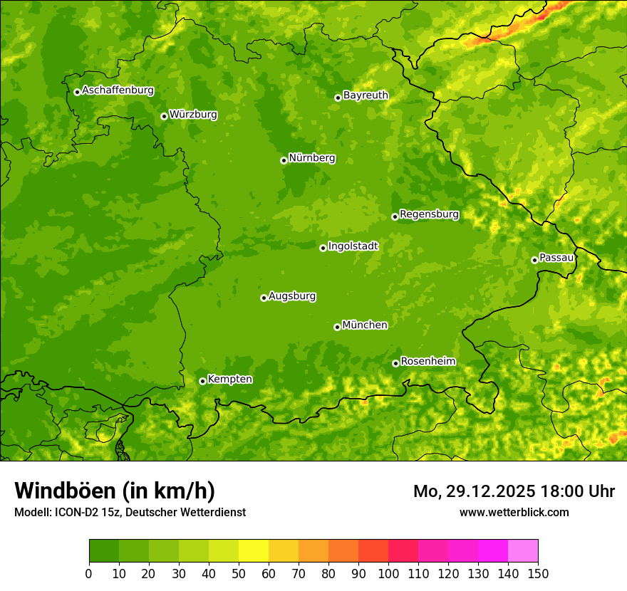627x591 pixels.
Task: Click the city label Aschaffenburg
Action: [x=118, y=90]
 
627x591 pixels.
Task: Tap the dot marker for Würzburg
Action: [x=164, y=116]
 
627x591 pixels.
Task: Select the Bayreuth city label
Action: [x=366, y=95]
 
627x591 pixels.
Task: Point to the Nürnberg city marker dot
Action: [x=284, y=160]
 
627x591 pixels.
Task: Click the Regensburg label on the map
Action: [x=429, y=214]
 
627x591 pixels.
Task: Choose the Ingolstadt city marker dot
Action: [x=323, y=248]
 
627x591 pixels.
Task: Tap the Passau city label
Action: [x=556, y=257]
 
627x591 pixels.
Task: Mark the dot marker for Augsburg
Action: [x=264, y=298]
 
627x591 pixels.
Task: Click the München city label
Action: [x=365, y=325]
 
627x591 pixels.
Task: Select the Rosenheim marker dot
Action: [x=395, y=363]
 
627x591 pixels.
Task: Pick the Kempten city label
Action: [x=229, y=379]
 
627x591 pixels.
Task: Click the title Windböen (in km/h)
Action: [x=114, y=491]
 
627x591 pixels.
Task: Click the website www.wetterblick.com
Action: [x=514, y=512]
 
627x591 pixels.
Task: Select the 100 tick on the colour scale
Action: [x=388, y=573]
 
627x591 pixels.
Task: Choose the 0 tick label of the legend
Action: [x=89, y=573]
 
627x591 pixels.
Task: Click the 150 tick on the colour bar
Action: [x=538, y=573]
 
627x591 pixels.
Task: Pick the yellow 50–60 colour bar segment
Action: [x=254, y=551]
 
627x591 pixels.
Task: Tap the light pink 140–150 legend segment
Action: [x=523, y=551]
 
